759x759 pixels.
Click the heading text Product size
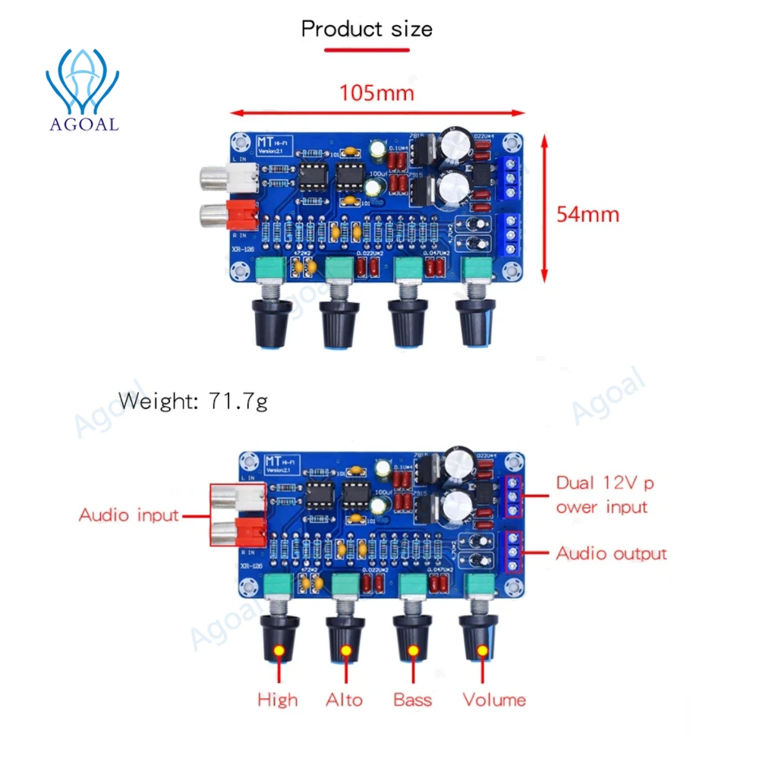click(367, 30)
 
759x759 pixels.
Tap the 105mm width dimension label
click(376, 93)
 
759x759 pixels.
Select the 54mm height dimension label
click(587, 214)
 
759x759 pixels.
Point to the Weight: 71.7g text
click(193, 402)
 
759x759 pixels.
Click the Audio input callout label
click(128, 515)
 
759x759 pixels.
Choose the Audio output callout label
click(611, 553)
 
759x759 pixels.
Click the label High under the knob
click(278, 700)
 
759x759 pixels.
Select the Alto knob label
click(345, 700)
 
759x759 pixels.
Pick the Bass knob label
click(413, 700)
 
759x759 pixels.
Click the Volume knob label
click(494, 700)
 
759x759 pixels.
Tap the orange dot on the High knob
click(279, 651)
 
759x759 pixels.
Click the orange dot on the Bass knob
click(414, 651)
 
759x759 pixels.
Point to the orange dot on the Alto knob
click(347, 651)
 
